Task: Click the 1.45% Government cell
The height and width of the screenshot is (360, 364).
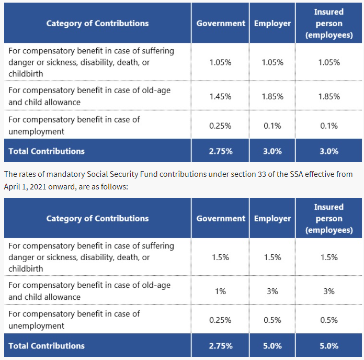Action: coord(220,96)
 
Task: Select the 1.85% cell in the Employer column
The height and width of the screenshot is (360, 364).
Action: coord(272,96)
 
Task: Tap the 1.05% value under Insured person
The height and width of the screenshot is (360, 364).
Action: coord(329,62)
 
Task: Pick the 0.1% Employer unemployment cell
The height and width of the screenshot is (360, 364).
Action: coord(272,126)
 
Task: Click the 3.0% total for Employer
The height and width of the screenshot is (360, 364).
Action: coord(272,151)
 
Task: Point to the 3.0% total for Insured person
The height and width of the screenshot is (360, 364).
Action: coord(329,151)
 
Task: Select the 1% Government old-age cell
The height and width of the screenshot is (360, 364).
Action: coord(220,291)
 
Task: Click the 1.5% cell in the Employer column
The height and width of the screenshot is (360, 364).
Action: coord(272,257)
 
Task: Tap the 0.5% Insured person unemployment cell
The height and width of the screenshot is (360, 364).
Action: coord(329,320)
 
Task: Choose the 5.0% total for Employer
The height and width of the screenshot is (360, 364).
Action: coord(272,346)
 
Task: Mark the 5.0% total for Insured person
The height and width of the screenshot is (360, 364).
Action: coord(329,346)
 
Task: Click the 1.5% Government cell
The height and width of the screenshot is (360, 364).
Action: coord(220,257)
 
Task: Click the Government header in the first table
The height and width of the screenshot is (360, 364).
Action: coord(221,24)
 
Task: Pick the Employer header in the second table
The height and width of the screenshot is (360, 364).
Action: coord(272,218)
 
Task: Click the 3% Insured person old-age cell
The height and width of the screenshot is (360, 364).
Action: coord(329,291)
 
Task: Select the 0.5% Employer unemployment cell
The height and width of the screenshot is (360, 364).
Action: coord(272,320)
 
